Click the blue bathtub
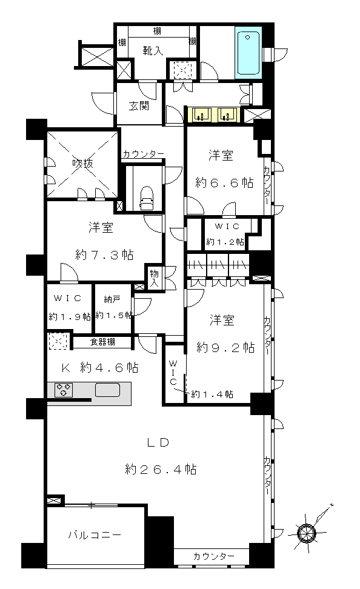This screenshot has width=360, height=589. pos(248,53)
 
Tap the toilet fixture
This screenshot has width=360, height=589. pos(147,198)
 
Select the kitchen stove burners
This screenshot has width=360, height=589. pos(64,390)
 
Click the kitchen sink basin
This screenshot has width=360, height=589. pos(107,390)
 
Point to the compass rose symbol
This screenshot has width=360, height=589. pos(306,532)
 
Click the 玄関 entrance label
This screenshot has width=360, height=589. pos(139,106)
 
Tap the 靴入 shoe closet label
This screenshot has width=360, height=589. pos(153,50)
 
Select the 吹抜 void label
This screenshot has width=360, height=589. pos(82,164)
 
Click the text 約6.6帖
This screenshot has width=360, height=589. pos(224,183)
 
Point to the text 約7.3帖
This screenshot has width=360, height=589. pos(104,255)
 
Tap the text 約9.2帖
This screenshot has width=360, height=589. pos(225,347)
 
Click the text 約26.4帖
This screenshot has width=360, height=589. pos(161,469)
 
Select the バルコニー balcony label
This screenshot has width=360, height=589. pos(95,534)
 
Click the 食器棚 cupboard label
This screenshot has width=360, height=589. pos(102,342)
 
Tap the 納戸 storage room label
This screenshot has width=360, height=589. pos(112,299)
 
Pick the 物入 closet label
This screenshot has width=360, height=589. pos(154,278)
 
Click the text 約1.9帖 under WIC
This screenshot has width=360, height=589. pos(70,317)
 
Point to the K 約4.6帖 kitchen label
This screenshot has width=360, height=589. pos(99,367)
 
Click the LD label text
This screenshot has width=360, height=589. pos(158,442)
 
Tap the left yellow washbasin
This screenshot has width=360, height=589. pos(202,115)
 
